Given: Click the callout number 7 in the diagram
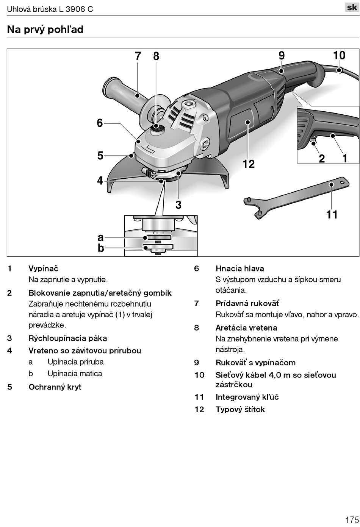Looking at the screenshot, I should coord(138,56).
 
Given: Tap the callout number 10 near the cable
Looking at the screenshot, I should coord(339,55).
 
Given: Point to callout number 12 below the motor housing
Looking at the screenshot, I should coord(249,164).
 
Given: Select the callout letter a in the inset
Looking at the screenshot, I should coord(100,237).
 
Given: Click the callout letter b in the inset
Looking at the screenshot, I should coord(100,248).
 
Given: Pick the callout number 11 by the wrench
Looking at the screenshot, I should coord(332,215).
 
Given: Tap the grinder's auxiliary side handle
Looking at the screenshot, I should coord(121,91).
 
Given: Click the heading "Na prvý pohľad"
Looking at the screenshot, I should coord(45,30).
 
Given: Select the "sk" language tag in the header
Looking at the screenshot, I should coord(352,7).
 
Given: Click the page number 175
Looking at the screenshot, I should coord(352,519).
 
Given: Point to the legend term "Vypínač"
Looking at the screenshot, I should coord(43,268).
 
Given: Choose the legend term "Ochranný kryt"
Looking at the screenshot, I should coord(55,387).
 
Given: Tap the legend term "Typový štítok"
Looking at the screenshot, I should coord(240,409).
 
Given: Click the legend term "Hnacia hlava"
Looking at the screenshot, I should coord(240,268).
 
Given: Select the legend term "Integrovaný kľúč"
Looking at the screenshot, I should coord(247,397).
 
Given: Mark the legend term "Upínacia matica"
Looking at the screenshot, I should coord(75,374).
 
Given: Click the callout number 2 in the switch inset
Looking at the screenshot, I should coord(322,158).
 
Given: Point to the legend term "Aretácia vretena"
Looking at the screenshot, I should coord(246,328).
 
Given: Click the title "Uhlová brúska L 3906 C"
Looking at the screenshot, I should coord(50,9).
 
